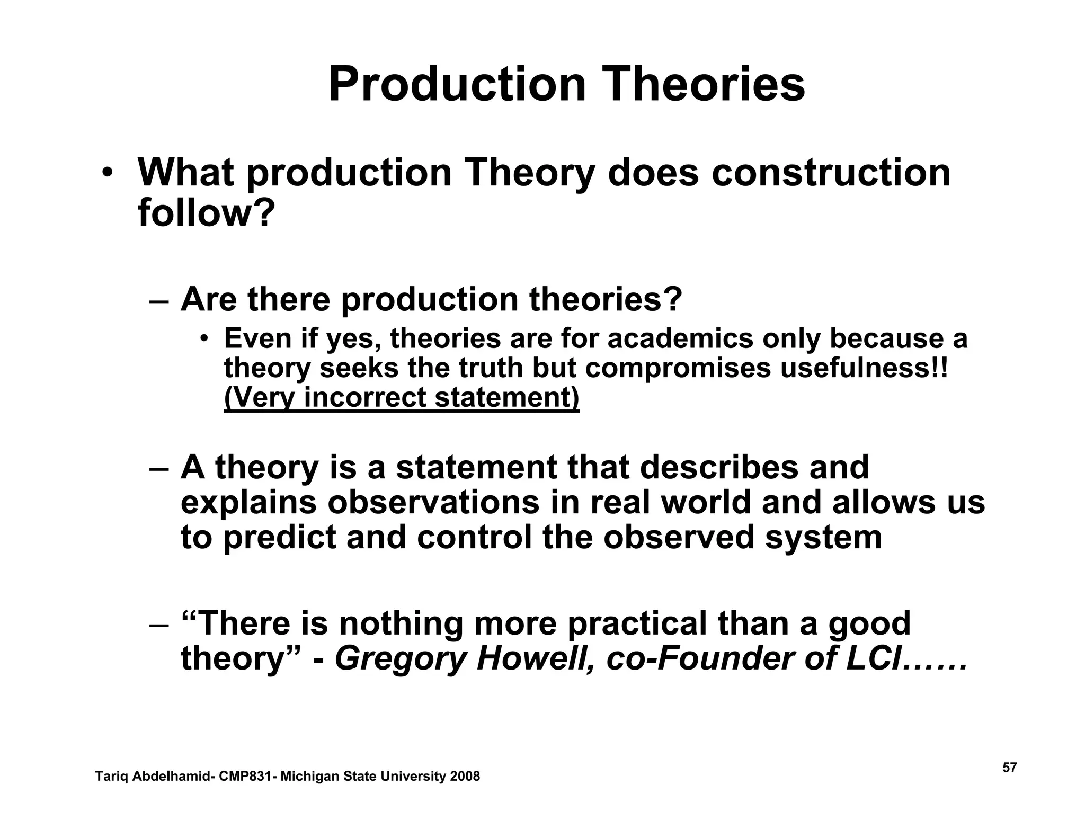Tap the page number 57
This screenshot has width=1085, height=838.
tap(1010, 768)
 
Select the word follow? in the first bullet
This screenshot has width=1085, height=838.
tap(207, 213)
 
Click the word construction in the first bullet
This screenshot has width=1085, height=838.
tap(831, 173)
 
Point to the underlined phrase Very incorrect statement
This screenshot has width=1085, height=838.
tap(402, 397)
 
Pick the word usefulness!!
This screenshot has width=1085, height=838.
tap(864, 368)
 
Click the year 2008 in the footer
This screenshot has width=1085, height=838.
tap(465, 777)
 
